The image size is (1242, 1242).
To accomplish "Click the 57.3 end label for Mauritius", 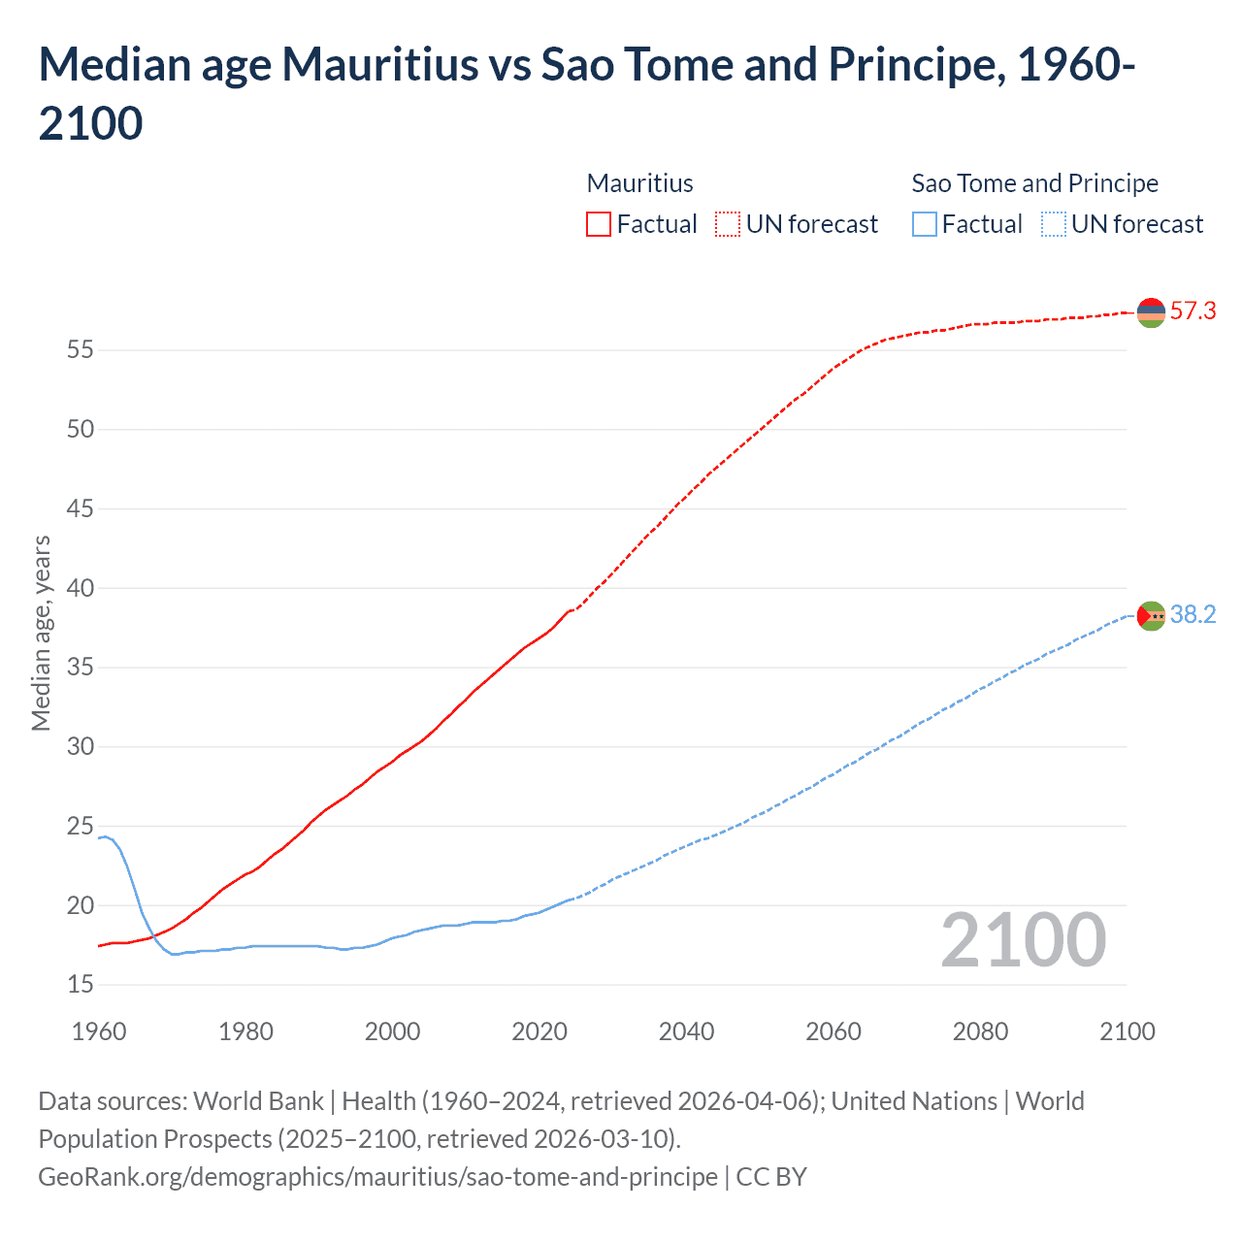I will pos(1193,310).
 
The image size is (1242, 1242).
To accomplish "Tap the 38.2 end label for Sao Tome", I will pos(1193,614).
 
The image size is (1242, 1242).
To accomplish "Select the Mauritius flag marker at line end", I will pos(1151,312).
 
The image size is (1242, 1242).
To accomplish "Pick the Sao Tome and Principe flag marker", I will pos(1151,616).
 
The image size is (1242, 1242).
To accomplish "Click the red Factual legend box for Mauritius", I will pos(599,224).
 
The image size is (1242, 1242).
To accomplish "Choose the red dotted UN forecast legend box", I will pos(728,224).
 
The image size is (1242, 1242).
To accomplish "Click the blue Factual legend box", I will pos(925,224).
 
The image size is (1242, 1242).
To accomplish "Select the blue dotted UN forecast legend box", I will pos(1053,224).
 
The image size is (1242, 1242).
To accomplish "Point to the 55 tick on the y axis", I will pos(81,349).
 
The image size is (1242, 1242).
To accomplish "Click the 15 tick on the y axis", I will pos(81,985).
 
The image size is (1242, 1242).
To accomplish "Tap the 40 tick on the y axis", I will pos(81,588).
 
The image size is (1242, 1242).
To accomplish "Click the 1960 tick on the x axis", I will pos(99,1031).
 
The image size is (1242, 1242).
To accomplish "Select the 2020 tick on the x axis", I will pos(539,1031).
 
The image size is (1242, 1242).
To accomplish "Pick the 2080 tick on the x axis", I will pos(980,1031).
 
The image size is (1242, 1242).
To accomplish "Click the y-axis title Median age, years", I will pos(41,633).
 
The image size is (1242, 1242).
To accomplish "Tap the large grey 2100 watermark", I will pos(1023,940).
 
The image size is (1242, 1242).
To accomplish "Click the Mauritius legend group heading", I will pos(640,183).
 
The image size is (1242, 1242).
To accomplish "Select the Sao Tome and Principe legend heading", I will pos(1034,183).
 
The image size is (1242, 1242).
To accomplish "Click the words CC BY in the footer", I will pos(771,1177).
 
